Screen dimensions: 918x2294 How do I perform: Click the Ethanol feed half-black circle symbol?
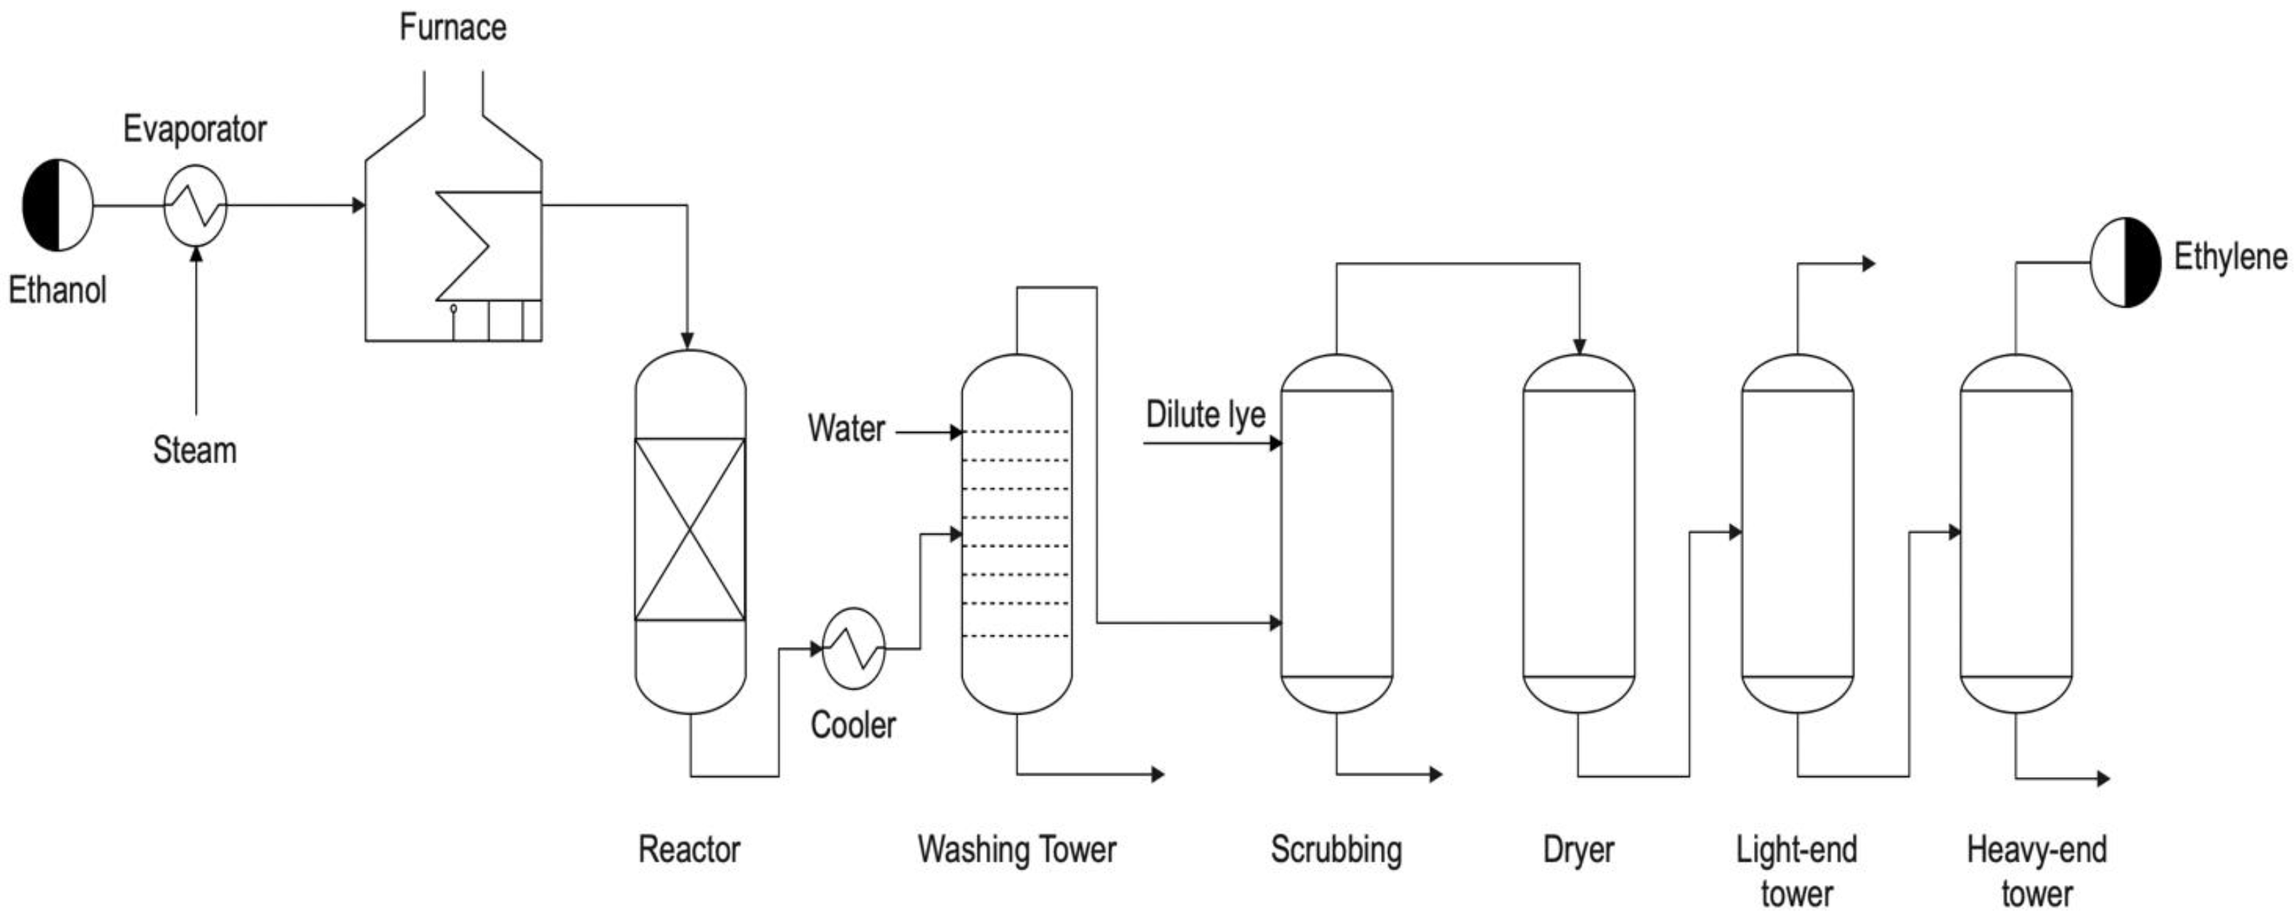(x=58, y=206)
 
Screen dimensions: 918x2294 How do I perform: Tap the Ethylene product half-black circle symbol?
(x=2125, y=263)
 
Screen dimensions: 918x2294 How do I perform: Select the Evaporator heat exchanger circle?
(x=196, y=206)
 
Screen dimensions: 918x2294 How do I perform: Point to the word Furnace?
(x=453, y=28)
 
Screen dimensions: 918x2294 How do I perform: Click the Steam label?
(x=195, y=450)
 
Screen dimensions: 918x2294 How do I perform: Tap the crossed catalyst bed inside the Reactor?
(x=690, y=529)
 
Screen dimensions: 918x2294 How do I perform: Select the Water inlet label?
(x=846, y=429)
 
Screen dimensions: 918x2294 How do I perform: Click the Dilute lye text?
(x=1205, y=416)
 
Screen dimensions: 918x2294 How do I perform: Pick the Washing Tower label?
(x=1017, y=850)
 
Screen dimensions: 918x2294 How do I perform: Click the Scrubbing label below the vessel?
(x=1336, y=850)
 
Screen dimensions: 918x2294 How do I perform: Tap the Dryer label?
(x=1578, y=850)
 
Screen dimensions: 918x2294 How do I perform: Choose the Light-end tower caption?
(x=1796, y=871)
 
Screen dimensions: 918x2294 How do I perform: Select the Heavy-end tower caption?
(x=2036, y=871)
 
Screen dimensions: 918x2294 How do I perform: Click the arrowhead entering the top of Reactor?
(x=687, y=341)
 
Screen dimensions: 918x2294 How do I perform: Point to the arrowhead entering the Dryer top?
(x=1579, y=347)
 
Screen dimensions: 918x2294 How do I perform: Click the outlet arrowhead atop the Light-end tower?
(x=1869, y=263)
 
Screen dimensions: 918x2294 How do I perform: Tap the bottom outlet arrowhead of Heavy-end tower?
(x=2103, y=779)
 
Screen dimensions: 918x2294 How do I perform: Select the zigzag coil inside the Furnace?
(x=463, y=246)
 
